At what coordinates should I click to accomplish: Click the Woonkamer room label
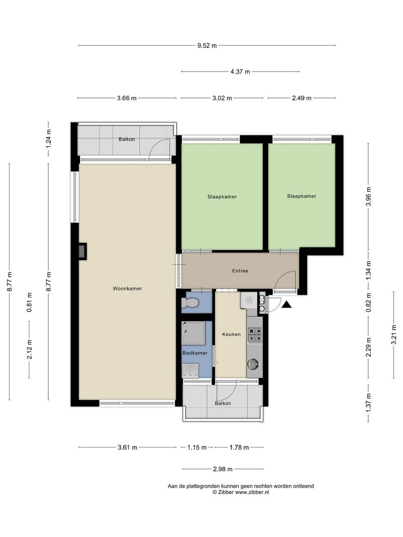[127, 289]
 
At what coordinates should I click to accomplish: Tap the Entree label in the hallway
[240, 271]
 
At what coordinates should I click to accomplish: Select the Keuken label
[231, 334]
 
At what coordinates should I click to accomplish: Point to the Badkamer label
[195, 353]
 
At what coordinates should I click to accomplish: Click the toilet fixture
[191, 303]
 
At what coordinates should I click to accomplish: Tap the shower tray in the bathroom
[193, 333]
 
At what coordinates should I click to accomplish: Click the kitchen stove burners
[255, 335]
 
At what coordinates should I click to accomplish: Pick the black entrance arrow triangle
[287, 304]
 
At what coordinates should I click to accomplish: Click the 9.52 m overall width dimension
[207, 45]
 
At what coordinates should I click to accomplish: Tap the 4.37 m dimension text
[240, 72]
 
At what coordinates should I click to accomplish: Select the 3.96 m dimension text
[368, 196]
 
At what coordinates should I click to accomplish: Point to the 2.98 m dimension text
[223, 469]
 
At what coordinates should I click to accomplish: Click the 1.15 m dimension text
[197, 447]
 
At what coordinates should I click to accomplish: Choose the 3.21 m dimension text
[394, 335]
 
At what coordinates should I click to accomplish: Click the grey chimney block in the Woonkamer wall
[83, 252]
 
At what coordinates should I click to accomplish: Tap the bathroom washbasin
[190, 371]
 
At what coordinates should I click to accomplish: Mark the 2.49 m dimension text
[302, 98]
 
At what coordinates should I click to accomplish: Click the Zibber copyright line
[241, 492]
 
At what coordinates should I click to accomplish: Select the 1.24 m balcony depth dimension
[48, 139]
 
